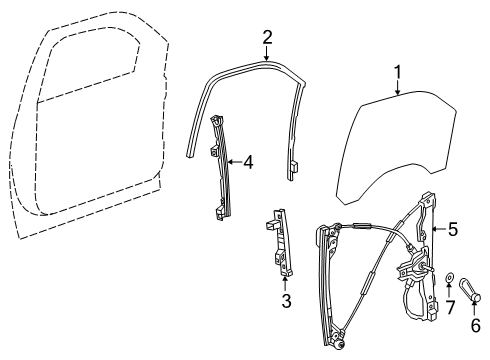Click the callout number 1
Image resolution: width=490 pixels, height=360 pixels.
(398, 72)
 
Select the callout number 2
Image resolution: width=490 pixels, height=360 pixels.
(267, 37)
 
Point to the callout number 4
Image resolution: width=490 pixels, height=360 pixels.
(249, 160)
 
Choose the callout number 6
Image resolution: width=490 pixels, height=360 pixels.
(476, 324)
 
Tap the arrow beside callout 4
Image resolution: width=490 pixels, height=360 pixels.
(234, 160)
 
